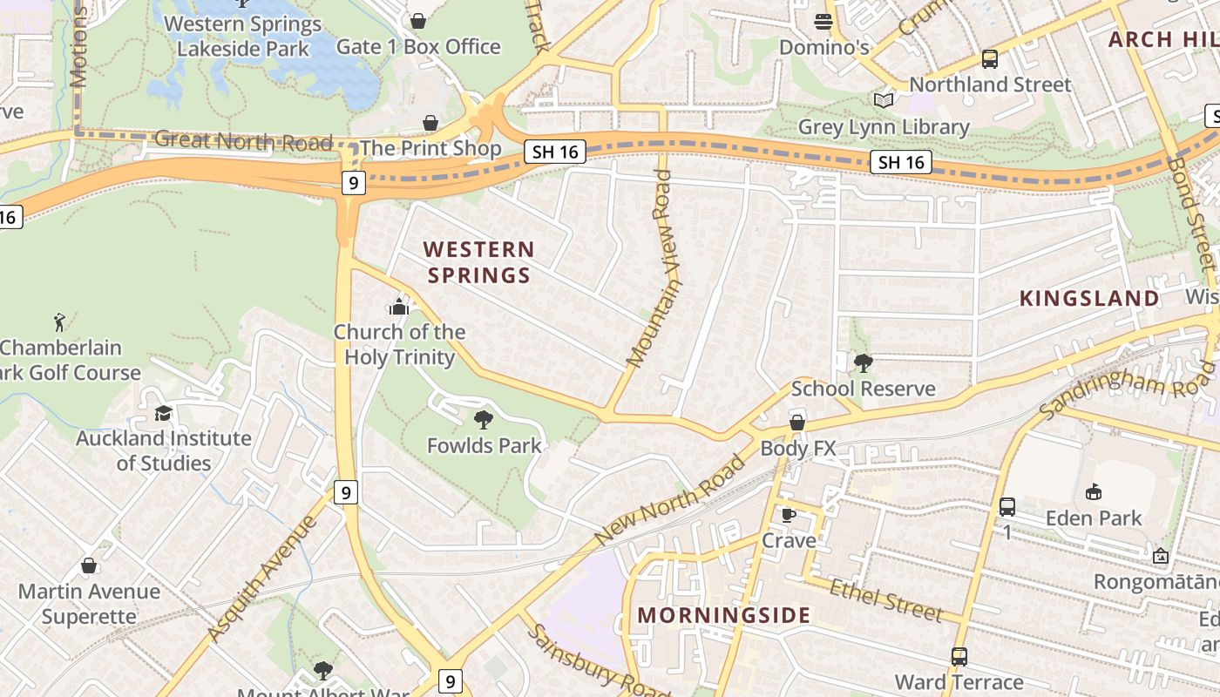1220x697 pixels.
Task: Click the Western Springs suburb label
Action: coord(478,262)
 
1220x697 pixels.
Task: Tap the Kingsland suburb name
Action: coord(1089,298)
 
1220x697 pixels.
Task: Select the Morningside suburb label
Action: coord(724,615)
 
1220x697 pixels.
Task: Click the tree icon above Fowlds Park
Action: coord(484,420)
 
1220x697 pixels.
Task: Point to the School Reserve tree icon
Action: coord(863,362)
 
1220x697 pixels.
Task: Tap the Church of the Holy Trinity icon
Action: coord(399,307)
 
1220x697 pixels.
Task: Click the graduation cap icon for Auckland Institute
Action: coord(163,413)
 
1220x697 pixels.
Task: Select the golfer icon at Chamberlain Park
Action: coord(59,322)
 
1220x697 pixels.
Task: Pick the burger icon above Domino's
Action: coord(823,21)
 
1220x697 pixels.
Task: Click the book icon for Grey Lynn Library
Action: coord(884,101)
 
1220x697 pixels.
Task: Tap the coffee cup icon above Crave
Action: coord(789,515)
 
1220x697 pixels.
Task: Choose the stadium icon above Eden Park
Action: coord(1094,492)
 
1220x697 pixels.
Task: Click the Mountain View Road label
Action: coord(654,268)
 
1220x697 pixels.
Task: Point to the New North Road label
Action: coord(670,500)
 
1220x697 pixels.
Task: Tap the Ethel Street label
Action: coord(885,600)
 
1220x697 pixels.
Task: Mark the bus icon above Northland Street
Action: coord(990,59)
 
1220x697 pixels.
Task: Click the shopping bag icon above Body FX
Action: coord(797,423)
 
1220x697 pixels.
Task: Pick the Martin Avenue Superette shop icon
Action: coord(89,565)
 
